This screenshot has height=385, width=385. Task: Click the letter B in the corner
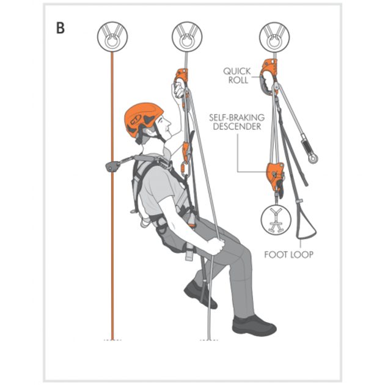tap(61, 29)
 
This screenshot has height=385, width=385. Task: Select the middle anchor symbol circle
tap(187, 36)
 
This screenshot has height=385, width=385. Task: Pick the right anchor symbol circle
tap(273, 36)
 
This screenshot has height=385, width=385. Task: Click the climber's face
tap(160, 129)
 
